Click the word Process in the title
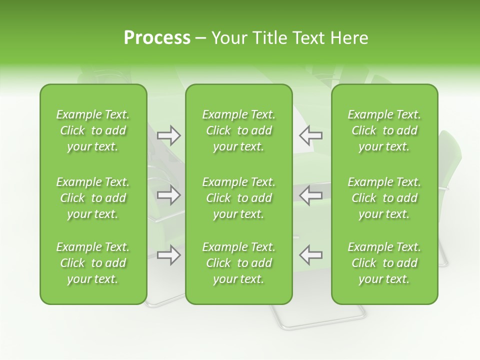(157, 38)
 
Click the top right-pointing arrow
(168, 135)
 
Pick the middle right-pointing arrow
(168, 194)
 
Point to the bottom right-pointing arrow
(168, 255)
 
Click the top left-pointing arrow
(310, 135)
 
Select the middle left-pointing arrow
(310, 194)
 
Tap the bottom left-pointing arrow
(310, 255)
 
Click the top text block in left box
(93, 130)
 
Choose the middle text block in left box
(93, 198)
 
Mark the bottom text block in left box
(93, 263)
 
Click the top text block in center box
(238, 130)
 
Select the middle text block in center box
(238, 198)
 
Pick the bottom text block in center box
(238, 263)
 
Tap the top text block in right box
(384, 130)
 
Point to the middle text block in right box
(384, 198)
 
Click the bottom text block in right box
(384, 263)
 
